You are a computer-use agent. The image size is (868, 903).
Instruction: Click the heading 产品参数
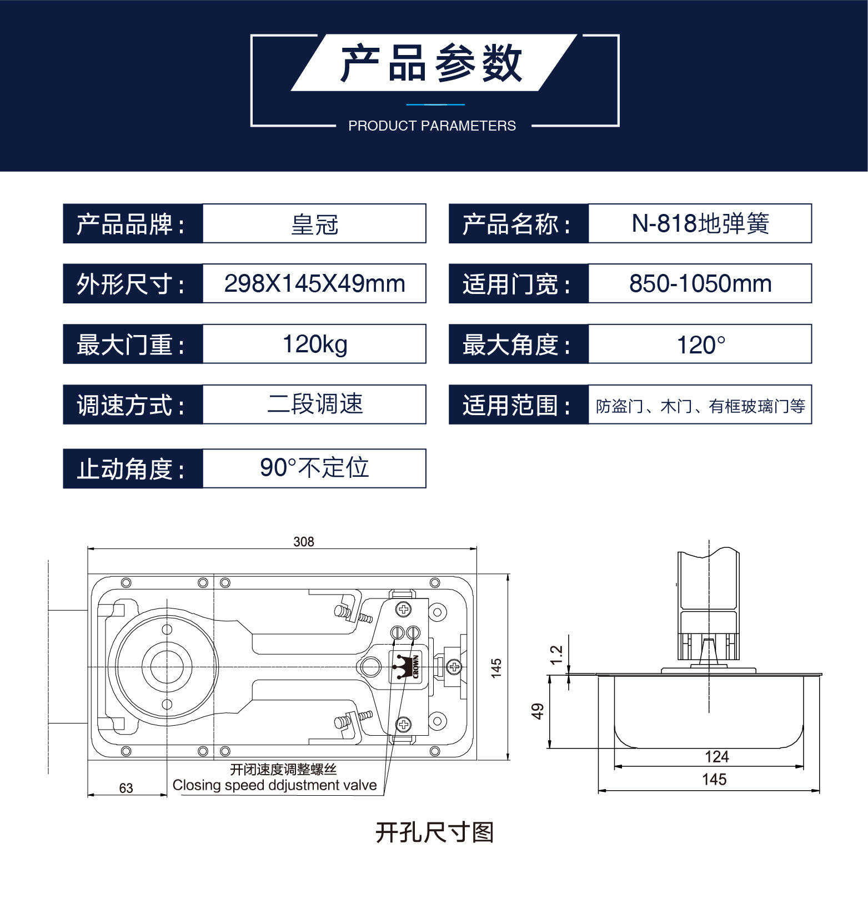tap(432, 63)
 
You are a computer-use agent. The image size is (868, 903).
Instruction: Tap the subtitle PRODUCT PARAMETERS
tap(432, 126)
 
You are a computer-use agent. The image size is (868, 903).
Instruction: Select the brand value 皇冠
tap(314, 224)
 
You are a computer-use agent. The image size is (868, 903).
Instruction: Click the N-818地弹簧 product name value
tap(700, 224)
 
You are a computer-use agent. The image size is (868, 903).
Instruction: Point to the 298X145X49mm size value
tap(314, 284)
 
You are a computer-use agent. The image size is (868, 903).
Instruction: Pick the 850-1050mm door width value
tap(700, 284)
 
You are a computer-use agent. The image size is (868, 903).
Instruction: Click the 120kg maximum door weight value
tap(314, 344)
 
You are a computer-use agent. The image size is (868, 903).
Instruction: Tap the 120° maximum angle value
tap(700, 345)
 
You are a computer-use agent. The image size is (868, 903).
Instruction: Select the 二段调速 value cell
tap(314, 404)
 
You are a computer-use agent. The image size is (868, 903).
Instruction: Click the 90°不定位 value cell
tap(314, 468)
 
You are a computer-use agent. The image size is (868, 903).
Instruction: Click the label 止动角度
tap(132, 469)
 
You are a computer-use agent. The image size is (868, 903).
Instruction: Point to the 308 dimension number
tap(304, 542)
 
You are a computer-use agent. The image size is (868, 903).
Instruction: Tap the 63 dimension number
tap(126, 788)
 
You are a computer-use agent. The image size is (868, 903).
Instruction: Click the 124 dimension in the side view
tap(716, 757)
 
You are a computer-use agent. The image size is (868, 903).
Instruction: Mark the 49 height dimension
tap(538, 711)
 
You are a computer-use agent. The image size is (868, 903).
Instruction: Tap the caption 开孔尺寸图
tap(434, 832)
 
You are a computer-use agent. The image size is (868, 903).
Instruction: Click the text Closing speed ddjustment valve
tap(274, 785)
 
